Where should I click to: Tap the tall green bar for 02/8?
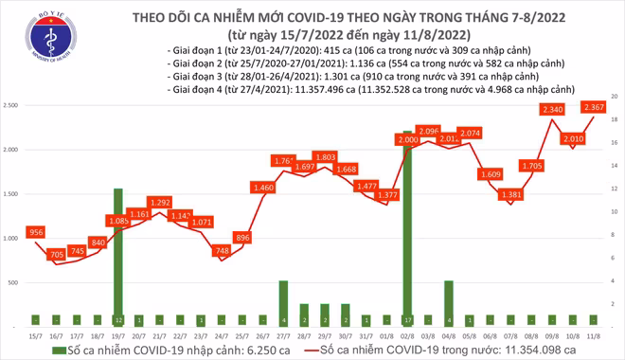pos(407,227)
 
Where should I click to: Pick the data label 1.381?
pos(512,194)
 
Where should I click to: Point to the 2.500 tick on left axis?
pos(13,106)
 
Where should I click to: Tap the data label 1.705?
pos(532,166)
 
